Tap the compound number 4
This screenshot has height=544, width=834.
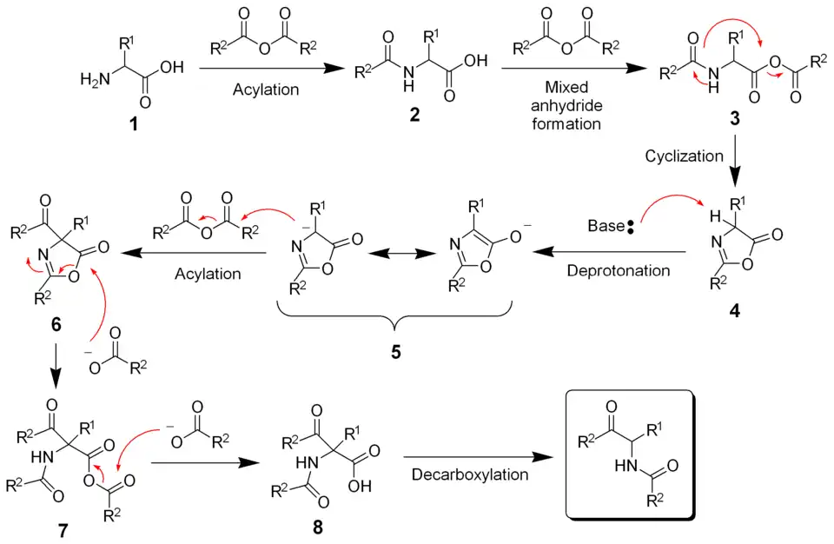pyautogui.click(x=736, y=310)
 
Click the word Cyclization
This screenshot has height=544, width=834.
pyautogui.click(x=684, y=156)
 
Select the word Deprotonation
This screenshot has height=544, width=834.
pyautogui.click(x=619, y=270)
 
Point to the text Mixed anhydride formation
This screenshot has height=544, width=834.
pyautogui.click(x=566, y=105)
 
